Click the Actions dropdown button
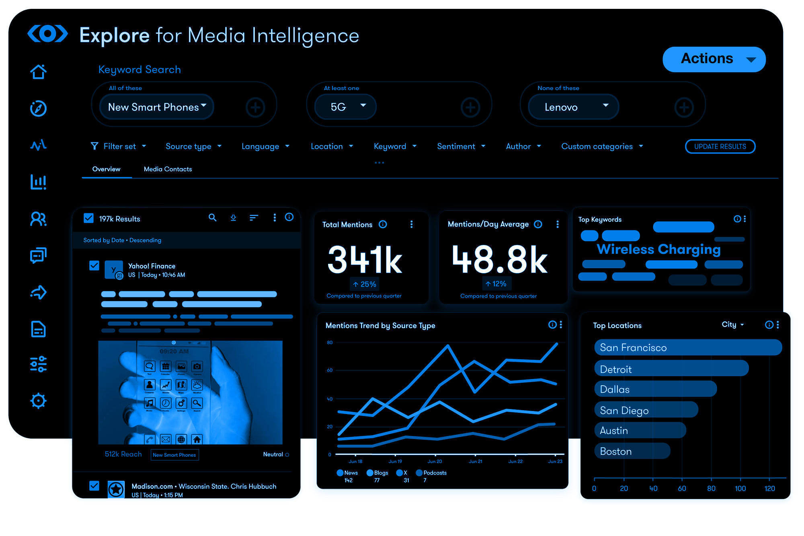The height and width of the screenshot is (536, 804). click(714, 59)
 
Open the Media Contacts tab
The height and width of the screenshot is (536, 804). click(168, 169)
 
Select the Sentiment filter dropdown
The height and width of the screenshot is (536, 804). click(461, 146)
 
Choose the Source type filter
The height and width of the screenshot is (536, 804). click(193, 146)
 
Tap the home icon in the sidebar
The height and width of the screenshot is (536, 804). click(39, 72)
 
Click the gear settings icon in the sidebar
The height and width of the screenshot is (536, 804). click(39, 400)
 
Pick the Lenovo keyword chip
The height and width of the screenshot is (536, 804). click(573, 107)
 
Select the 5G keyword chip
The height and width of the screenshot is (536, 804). click(345, 107)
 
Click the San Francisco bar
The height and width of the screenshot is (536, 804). click(687, 347)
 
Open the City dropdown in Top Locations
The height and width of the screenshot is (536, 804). click(732, 324)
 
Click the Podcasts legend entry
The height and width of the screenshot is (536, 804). click(431, 473)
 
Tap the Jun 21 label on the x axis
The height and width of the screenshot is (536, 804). click(475, 462)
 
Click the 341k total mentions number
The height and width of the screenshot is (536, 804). click(365, 260)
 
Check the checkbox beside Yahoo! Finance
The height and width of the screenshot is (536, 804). click(94, 266)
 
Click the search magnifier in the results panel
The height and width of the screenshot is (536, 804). click(212, 218)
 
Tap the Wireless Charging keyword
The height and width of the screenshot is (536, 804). click(658, 249)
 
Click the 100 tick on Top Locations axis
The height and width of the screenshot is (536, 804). click(740, 488)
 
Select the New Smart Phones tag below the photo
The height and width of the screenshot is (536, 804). click(174, 455)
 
